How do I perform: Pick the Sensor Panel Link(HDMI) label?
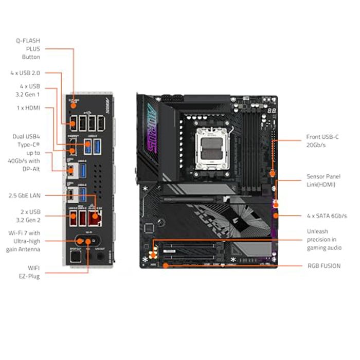click(323, 180)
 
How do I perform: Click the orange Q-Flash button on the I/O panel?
click(73, 103)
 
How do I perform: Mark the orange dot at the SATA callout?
click(276, 216)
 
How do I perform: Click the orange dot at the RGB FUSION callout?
click(166, 265)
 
